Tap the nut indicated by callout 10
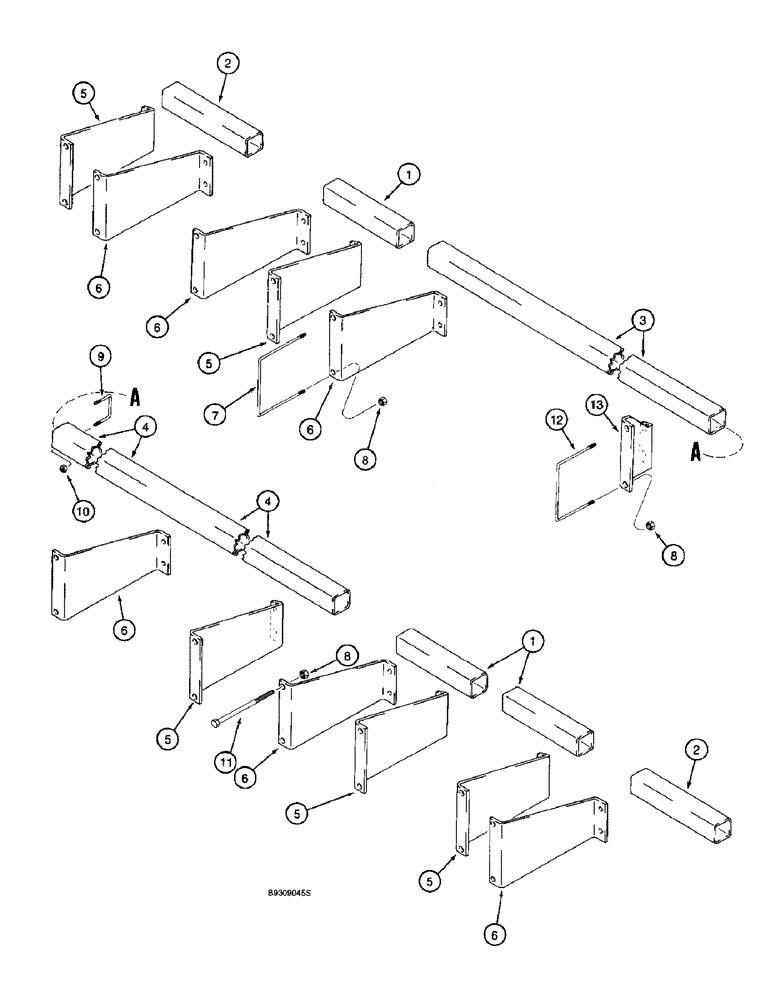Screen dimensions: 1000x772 (x=63, y=467)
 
